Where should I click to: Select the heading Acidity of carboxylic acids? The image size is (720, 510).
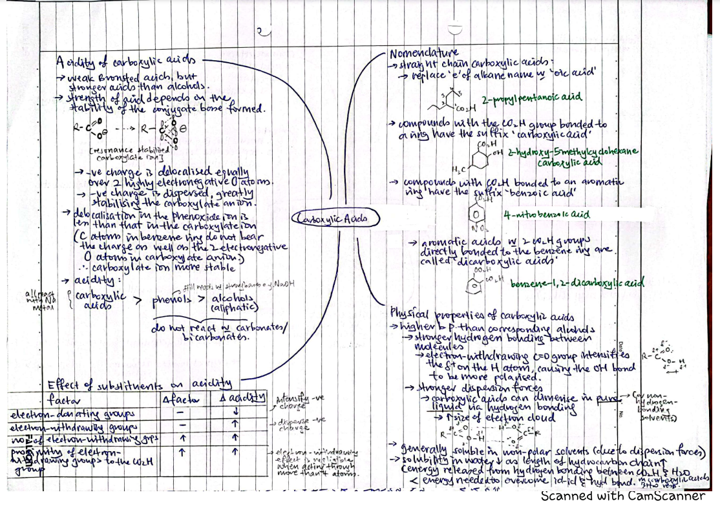[x=125, y=62]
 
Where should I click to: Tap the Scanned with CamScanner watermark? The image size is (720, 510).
[x=622, y=496]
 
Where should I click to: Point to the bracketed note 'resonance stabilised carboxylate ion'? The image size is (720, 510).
[x=126, y=153]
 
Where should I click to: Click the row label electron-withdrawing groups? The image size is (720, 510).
[x=74, y=427]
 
